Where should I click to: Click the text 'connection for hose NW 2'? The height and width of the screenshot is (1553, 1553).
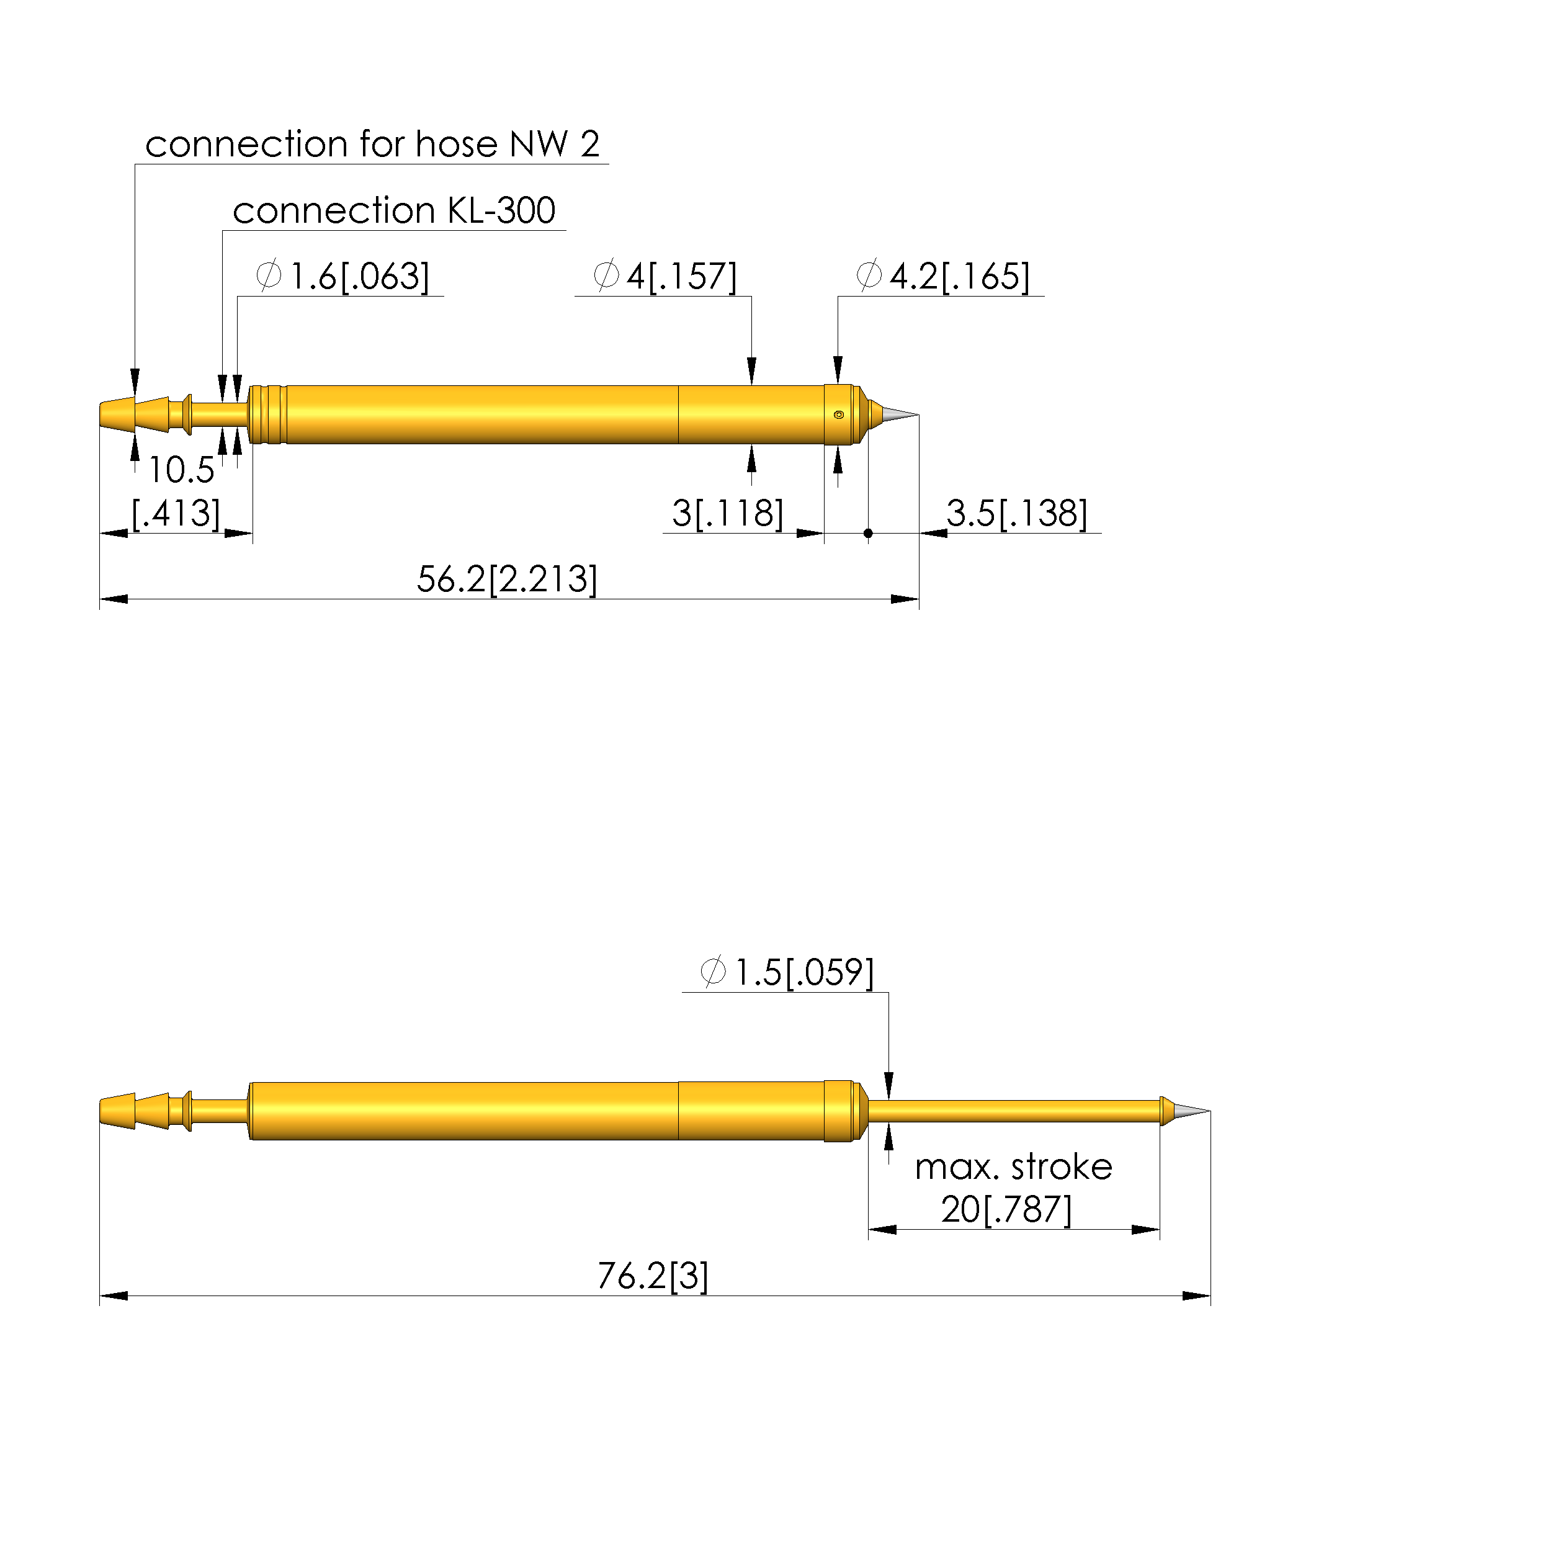click(x=372, y=145)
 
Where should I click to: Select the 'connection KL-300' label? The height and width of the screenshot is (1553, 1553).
click(x=394, y=210)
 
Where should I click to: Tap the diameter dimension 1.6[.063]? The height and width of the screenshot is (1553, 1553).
click(x=342, y=277)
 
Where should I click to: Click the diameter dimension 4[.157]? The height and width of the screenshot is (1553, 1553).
click(x=665, y=277)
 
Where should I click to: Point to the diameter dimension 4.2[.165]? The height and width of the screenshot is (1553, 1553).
click(x=943, y=277)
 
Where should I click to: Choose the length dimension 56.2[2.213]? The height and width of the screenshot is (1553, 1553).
click(x=507, y=580)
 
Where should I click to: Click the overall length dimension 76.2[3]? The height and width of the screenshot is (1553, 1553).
click(x=653, y=1276)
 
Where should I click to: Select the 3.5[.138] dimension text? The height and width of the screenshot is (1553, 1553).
click(x=1017, y=514)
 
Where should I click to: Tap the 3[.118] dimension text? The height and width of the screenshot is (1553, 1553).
click(x=727, y=514)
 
